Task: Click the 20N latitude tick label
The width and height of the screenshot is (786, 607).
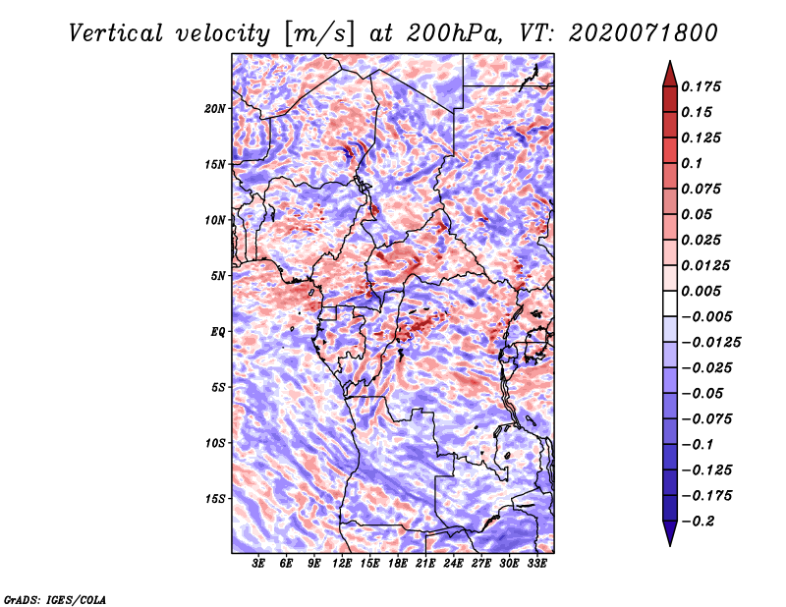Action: click(215, 108)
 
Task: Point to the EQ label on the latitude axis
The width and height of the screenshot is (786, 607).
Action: click(217, 332)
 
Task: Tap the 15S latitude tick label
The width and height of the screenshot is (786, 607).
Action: click(215, 499)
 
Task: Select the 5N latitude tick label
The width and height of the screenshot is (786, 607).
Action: click(218, 276)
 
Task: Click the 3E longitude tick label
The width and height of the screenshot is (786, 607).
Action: click(258, 564)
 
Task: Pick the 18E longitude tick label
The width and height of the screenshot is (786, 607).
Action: click(398, 564)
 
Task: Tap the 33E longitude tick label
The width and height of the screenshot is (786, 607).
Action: click(536, 564)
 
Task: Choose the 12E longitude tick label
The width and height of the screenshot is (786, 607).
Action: click(342, 564)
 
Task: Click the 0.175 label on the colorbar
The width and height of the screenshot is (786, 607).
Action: click(701, 86)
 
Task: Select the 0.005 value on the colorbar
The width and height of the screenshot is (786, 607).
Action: click(701, 291)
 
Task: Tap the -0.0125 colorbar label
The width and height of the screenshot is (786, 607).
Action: click(711, 343)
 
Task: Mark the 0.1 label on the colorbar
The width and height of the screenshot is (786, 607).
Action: click(692, 163)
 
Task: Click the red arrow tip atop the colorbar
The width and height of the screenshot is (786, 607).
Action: click(670, 61)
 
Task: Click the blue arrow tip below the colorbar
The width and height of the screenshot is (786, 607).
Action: click(670, 545)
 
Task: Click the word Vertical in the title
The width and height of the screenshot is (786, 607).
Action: click(116, 33)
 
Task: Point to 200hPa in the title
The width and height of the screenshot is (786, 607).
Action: click(453, 33)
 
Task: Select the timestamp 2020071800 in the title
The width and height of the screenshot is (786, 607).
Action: click(644, 33)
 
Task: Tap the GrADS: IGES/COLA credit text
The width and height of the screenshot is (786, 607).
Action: click(55, 599)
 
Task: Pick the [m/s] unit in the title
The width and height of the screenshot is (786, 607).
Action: click(318, 34)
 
